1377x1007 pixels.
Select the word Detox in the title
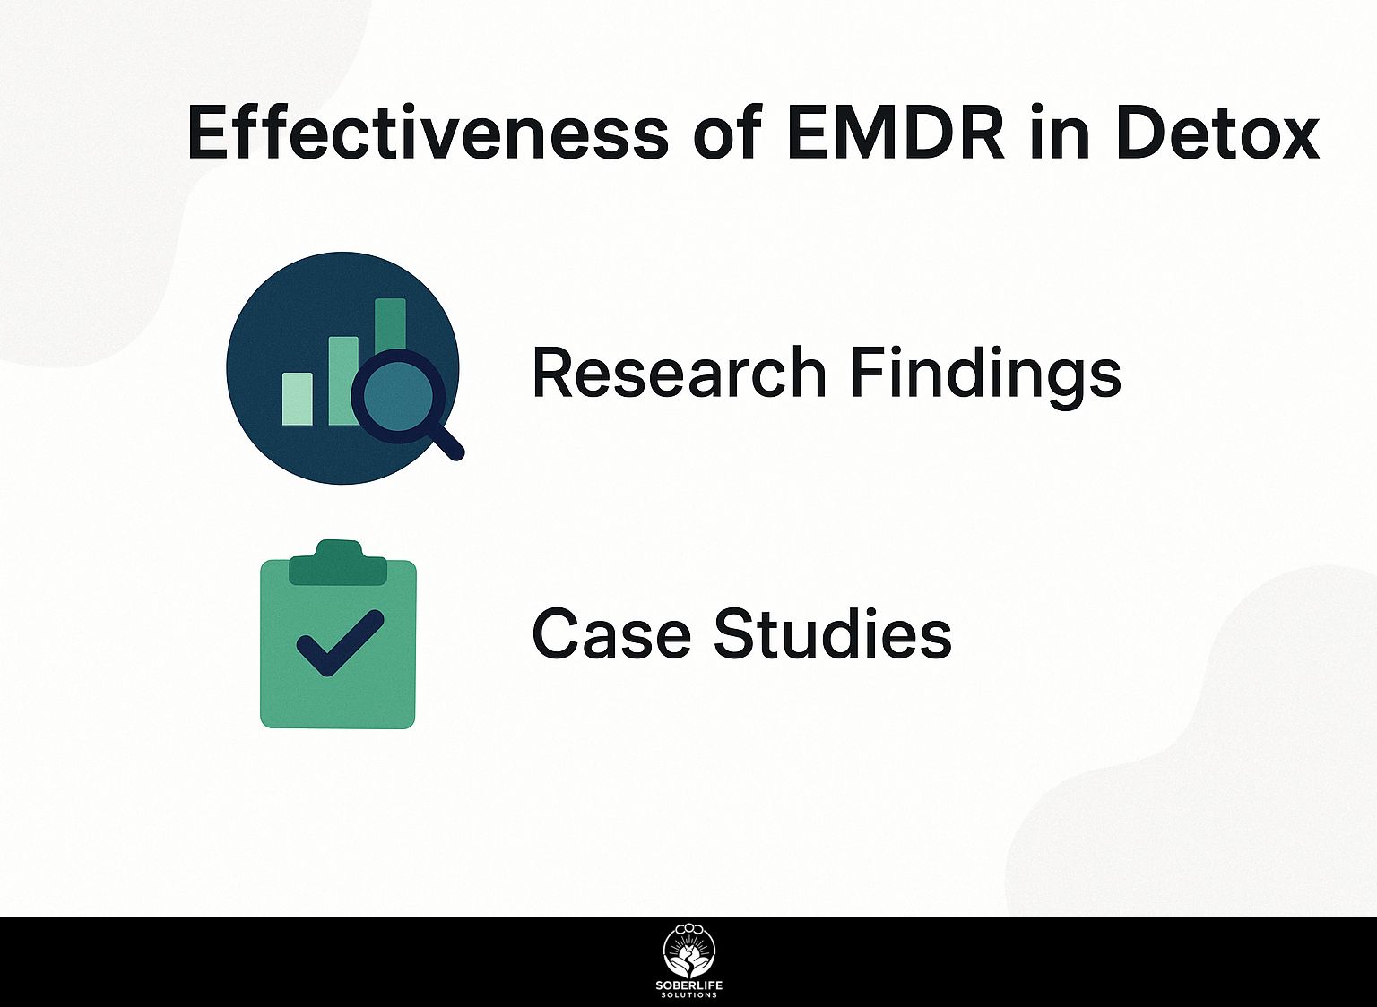(x=1217, y=133)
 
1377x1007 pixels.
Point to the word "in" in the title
(x=1061, y=133)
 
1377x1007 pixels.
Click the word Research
(x=679, y=373)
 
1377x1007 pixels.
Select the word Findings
(x=985, y=374)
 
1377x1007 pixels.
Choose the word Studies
(x=832, y=633)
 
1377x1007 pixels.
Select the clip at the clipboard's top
(x=338, y=562)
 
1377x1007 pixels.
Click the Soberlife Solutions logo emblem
(x=688, y=951)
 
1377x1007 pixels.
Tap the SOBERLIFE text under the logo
(x=688, y=986)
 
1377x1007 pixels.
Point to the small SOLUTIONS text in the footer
(x=688, y=995)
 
